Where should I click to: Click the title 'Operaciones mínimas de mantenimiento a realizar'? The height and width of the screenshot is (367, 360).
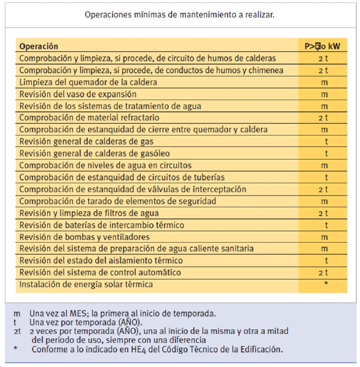179,14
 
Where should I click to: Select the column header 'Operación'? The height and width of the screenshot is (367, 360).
39,46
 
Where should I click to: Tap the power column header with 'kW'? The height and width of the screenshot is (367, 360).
323,46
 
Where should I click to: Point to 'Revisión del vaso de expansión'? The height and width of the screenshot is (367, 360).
78,94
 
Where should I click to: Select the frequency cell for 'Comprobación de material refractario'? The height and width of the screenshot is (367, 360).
323,118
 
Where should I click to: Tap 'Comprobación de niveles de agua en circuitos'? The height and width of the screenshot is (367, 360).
105,166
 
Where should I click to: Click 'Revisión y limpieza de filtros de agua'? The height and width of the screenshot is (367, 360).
89,213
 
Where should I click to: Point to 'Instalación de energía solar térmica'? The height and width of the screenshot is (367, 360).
86,285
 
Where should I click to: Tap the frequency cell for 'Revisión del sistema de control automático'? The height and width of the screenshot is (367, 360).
323,273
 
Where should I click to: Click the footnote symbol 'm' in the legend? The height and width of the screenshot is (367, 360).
16,313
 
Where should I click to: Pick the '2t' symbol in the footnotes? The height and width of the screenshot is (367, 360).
18,331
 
